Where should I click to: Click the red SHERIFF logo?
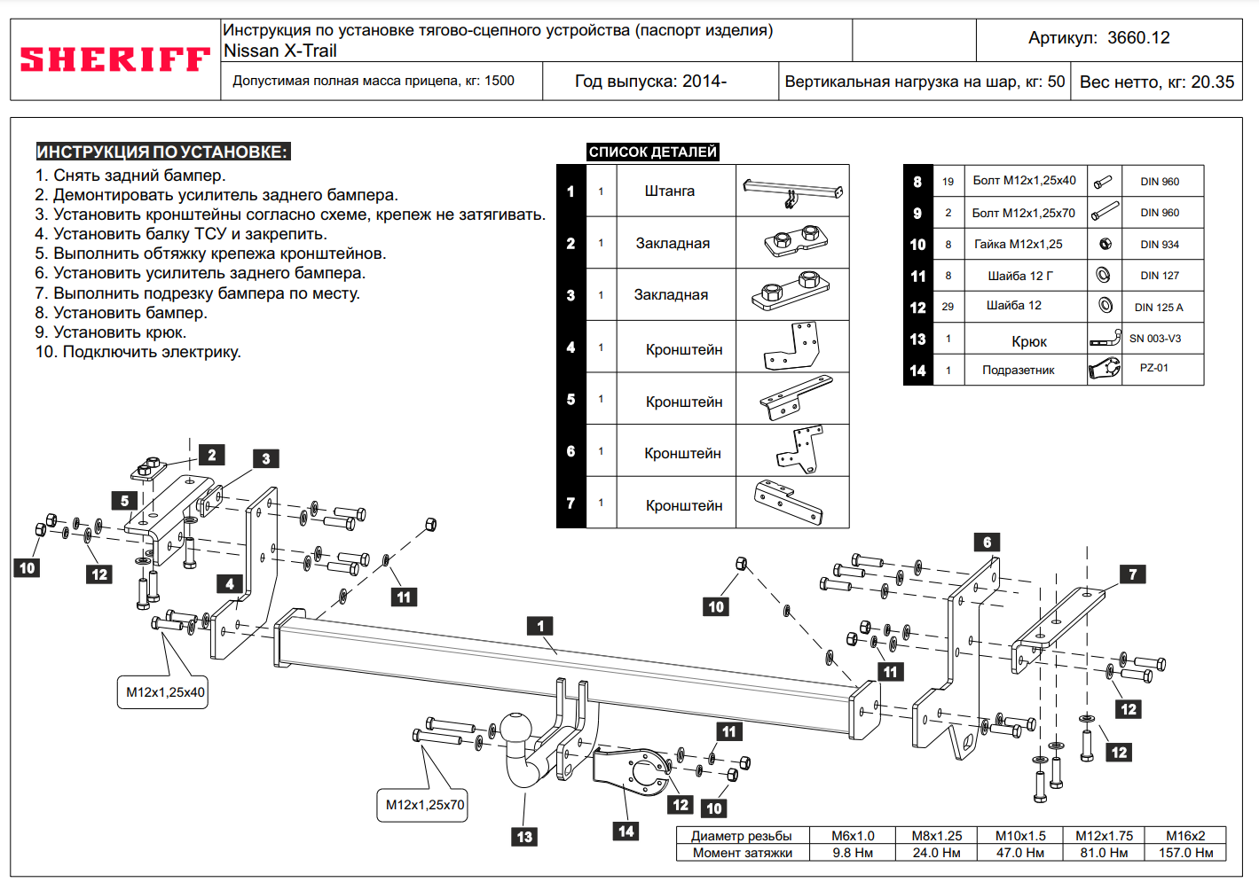(x=114, y=59)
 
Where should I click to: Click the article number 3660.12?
(x=1138, y=37)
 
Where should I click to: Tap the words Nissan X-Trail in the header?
(x=279, y=51)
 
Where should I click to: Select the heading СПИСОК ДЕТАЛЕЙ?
(x=652, y=152)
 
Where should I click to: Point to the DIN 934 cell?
(x=1160, y=245)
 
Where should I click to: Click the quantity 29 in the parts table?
(x=948, y=307)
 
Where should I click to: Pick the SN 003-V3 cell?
(x=1155, y=339)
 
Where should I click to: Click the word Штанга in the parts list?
(x=669, y=191)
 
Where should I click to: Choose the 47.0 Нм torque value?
(x=1020, y=853)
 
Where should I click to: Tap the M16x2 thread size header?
(x=1185, y=836)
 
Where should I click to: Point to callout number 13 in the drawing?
(x=524, y=837)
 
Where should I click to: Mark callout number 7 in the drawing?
(x=1133, y=574)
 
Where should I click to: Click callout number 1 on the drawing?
(x=540, y=626)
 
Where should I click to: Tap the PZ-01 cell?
(x=1154, y=368)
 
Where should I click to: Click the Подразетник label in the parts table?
(x=1018, y=370)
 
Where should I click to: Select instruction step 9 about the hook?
(x=111, y=332)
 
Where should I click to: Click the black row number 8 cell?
(x=917, y=182)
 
